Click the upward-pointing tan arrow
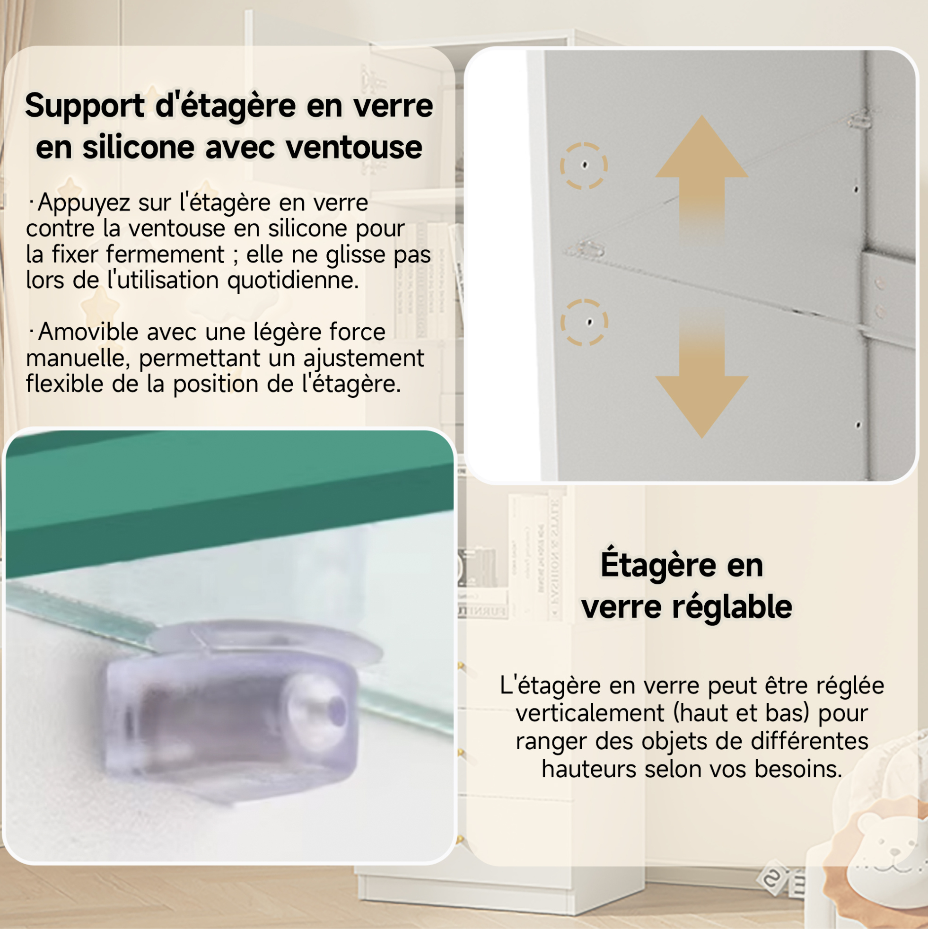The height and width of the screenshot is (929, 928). [702, 180]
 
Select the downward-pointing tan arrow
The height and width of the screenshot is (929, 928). [702, 373]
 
